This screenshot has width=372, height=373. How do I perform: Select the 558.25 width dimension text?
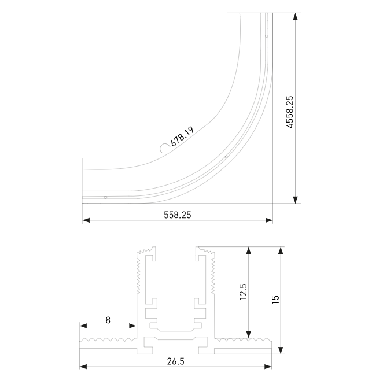coord(178,214)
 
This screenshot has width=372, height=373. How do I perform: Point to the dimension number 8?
coord(108,319)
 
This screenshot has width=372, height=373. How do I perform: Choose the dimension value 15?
coord(275,299)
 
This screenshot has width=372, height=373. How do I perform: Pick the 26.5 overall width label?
coord(175,361)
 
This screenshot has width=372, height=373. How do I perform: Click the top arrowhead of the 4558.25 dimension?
coord(296,18)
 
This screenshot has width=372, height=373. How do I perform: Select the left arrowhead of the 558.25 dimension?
coord(86,220)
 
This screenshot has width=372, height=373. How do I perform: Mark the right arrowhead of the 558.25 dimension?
coord(269,220)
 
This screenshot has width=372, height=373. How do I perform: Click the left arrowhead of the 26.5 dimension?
coord(83,367)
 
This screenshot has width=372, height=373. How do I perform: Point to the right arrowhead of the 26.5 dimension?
coord(268,367)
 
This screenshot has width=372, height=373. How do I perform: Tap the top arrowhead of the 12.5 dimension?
coord(249,252)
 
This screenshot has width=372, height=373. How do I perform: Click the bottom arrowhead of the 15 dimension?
coord(281,349)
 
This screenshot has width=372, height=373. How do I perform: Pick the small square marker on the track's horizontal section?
coord(105,197)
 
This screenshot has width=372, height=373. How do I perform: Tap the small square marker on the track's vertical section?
coord(267,36)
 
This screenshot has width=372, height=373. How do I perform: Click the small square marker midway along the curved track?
coord(226,157)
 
